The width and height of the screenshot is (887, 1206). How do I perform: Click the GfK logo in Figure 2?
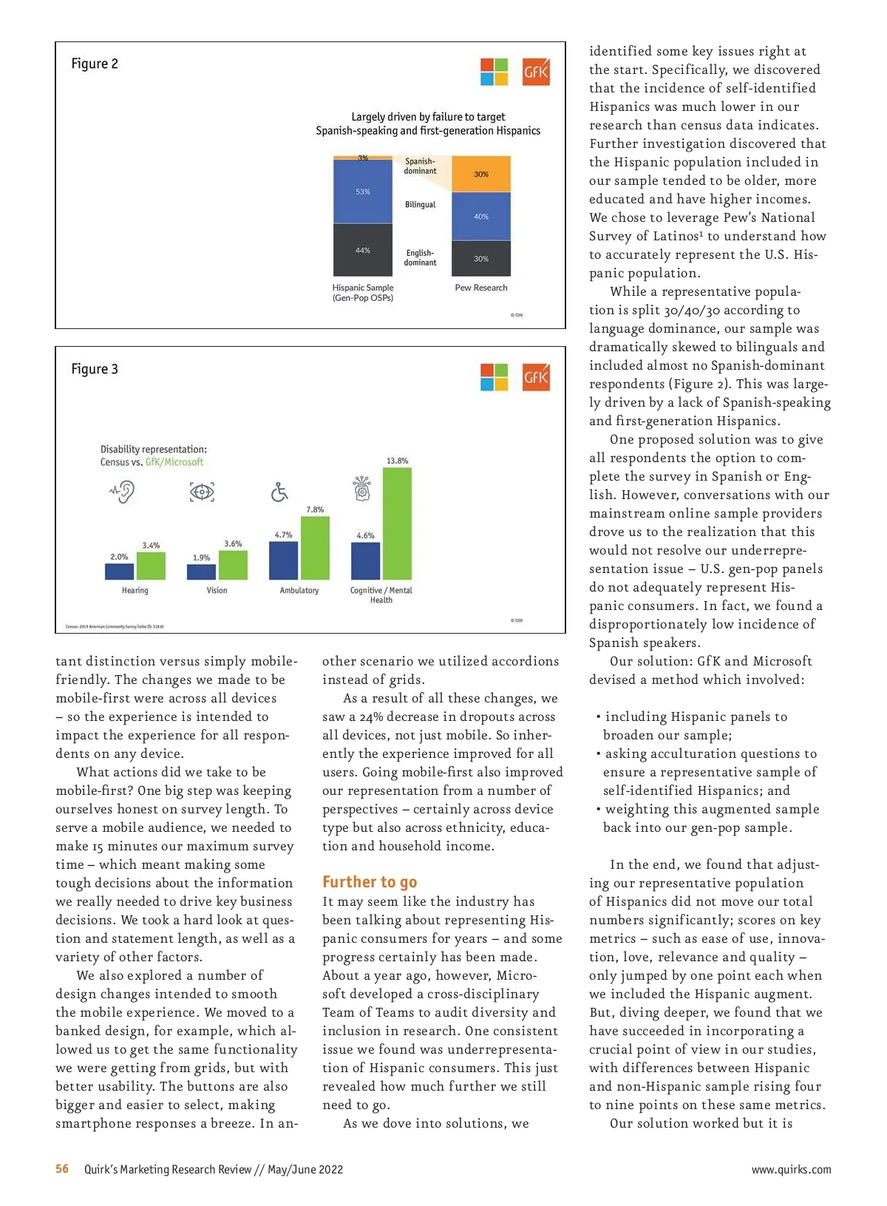point(536,72)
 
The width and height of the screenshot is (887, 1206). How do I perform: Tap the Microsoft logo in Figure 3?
point(494,377)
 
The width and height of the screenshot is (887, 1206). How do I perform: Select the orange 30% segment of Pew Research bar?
point(481,175)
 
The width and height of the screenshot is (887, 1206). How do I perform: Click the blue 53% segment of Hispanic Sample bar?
point(363,192)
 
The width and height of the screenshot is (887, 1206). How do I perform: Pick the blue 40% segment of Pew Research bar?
point(481,217)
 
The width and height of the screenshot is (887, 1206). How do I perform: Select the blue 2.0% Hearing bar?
point(119,572)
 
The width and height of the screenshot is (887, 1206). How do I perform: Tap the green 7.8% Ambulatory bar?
point(315,548)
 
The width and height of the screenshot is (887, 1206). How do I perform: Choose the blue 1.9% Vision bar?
point(201,572)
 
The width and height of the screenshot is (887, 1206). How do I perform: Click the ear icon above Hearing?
point(123,492)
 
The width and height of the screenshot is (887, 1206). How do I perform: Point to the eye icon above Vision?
point(202,492)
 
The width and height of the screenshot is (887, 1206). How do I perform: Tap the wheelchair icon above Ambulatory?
point(279,492)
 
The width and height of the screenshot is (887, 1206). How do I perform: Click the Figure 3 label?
point(95,369)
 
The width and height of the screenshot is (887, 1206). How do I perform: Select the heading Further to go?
point(370,881)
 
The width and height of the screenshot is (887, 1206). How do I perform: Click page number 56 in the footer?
point(62,1169)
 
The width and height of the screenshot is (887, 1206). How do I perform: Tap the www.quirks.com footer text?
point(791,1170)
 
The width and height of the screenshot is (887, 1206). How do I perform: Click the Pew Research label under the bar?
point(481,288)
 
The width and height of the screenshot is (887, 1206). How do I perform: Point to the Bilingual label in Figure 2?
point(420,205)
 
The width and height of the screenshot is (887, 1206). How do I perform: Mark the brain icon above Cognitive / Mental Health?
point(362,489)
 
